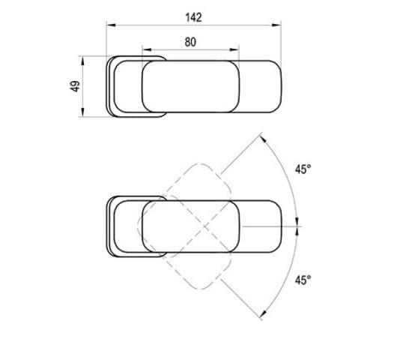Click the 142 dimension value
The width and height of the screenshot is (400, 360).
click(x=193, y=17)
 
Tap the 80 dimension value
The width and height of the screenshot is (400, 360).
click(x=190, y=42)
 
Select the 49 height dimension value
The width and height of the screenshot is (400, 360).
click(x=75, y=86)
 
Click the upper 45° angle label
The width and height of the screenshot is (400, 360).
click(x=303, y=169)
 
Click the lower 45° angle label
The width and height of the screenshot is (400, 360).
click(x=303, y=280)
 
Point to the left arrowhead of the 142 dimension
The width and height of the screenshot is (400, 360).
click(x=111, y=25)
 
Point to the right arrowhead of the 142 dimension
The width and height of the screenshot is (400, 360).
click(x=276, y=25)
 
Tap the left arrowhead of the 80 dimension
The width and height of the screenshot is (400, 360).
click(x=147, y=49)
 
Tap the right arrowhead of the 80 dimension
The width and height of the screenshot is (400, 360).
click(x=234, y=49)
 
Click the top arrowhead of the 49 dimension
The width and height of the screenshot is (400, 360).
click(x=82, y=61)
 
